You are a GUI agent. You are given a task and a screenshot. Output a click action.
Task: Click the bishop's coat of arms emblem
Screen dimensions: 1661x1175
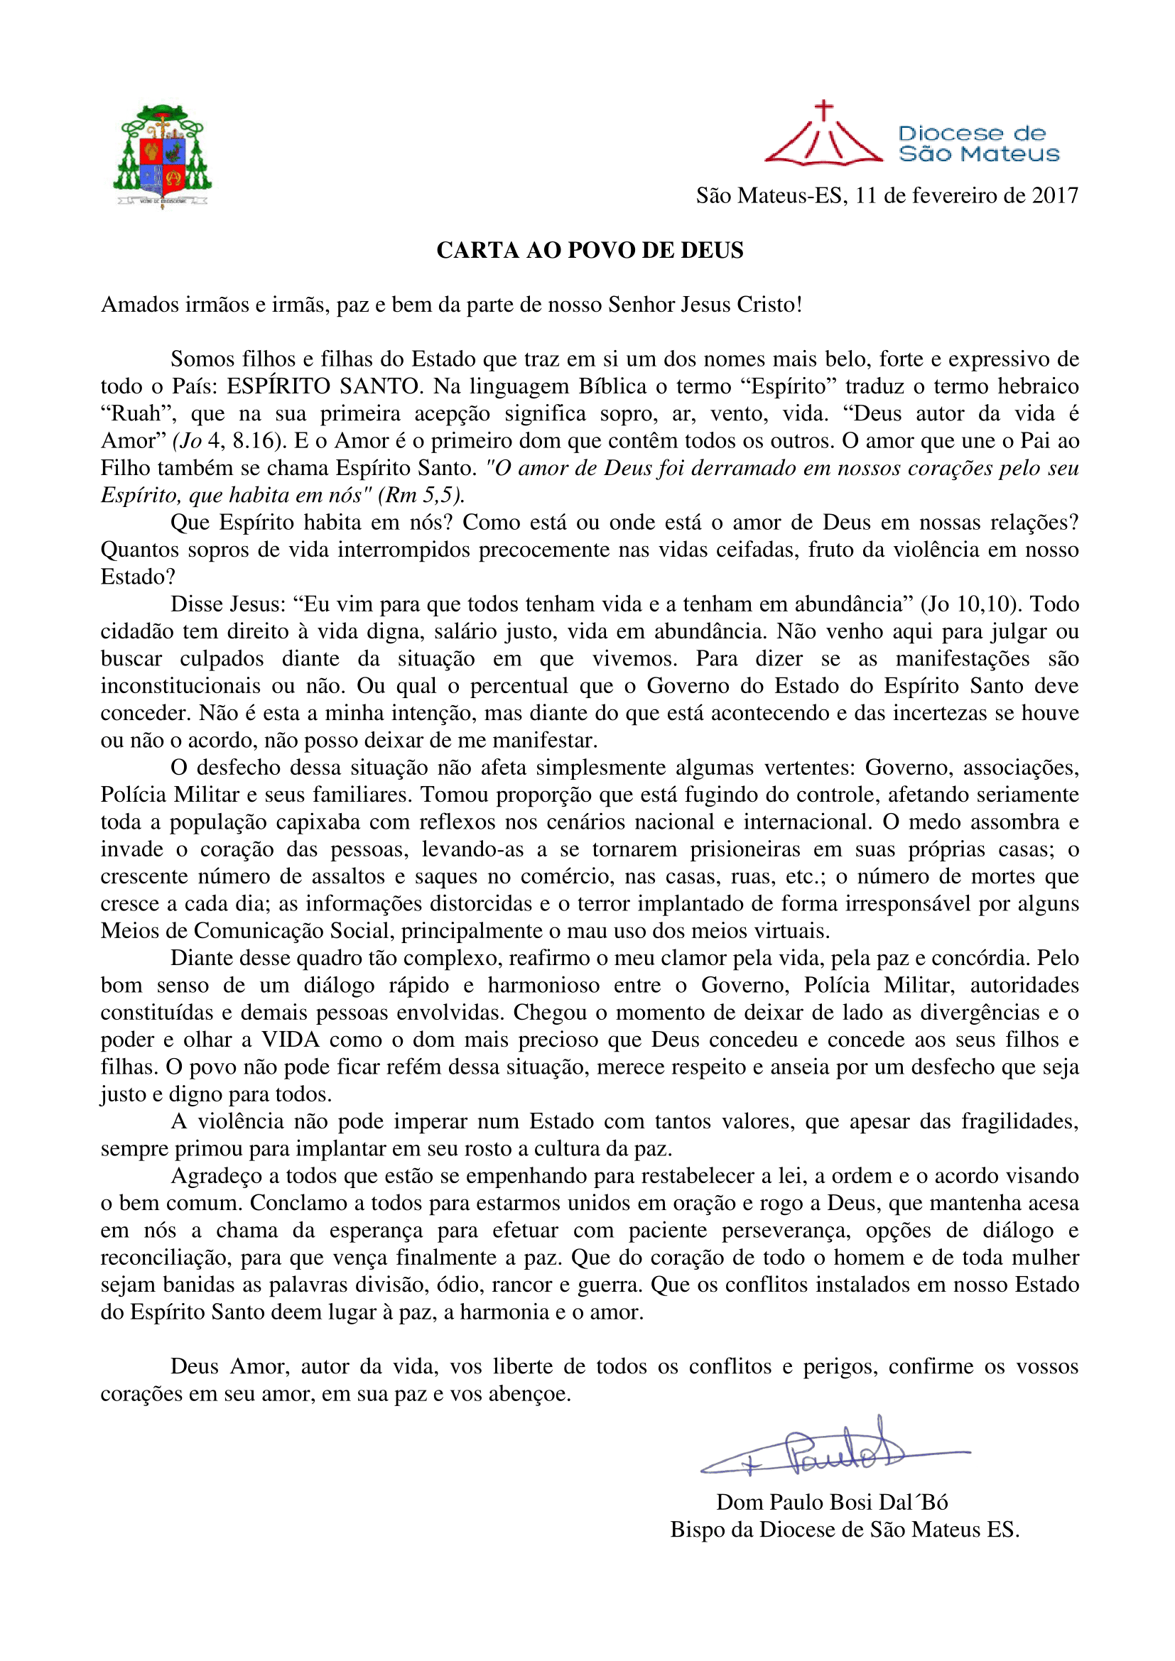[162, 156]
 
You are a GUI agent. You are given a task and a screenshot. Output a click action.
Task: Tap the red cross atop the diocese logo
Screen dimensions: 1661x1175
[823, 111]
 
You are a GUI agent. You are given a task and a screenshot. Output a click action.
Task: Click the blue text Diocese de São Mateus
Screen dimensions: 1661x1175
[978, 143]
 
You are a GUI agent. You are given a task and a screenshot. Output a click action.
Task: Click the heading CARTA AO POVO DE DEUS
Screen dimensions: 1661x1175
[590, 250]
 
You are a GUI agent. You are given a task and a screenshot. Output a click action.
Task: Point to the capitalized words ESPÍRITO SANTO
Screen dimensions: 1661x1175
[324, 386]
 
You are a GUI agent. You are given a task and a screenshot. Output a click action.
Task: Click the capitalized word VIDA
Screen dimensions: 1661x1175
[290, 1040]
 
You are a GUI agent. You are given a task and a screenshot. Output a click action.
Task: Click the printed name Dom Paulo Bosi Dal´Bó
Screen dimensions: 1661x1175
[832, 1503]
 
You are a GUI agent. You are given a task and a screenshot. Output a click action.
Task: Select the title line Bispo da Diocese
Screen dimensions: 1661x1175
[845, 1530]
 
